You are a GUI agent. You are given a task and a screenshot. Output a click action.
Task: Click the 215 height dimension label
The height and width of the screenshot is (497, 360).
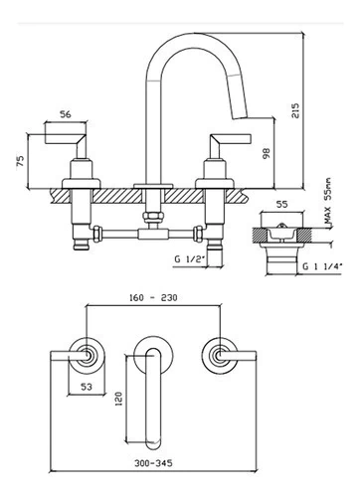click(x=295, y=110)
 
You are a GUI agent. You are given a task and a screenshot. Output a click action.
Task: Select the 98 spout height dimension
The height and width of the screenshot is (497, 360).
click(x=267, y=153)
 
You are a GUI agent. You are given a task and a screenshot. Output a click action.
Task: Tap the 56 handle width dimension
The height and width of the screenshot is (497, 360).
click(x=66, y=114)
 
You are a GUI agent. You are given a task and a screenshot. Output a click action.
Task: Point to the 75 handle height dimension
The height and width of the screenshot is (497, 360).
click(x=21, y=161)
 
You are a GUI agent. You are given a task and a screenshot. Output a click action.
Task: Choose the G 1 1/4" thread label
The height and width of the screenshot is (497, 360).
click(x=322, y=266)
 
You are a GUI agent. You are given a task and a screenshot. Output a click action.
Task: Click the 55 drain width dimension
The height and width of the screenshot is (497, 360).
click(x=281, y=205)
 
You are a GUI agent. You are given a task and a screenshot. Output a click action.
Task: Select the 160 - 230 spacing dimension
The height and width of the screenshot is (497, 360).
click(x=153, y=297)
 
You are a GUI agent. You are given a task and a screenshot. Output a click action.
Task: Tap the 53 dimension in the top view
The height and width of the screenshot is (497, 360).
click(x=87, y=387)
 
